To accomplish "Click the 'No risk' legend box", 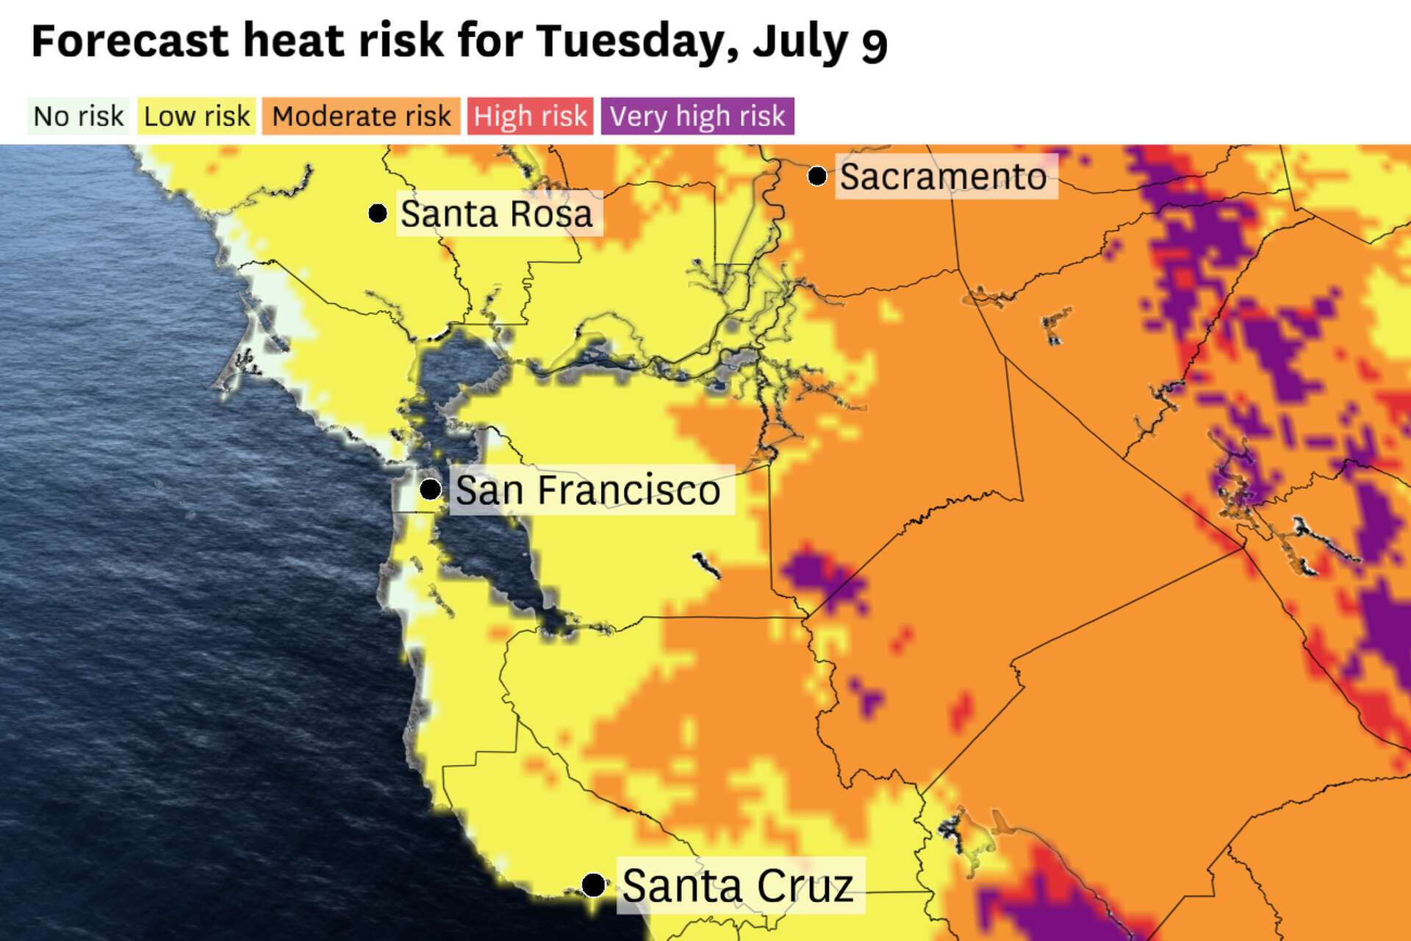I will [79, 116].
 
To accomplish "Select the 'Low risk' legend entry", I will [197, 116].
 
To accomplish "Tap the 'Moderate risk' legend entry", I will [361, 116].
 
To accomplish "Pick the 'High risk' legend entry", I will [530, 116].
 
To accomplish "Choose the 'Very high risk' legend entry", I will [697, 116].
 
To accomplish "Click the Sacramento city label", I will [944, 176].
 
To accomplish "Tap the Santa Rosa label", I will [497, 214].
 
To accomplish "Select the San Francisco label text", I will [588, 490].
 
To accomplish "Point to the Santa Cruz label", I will [738, 885].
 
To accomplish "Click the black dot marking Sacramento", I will [816, 176].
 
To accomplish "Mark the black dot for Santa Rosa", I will [378, 213].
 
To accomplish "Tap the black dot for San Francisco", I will [430, 489].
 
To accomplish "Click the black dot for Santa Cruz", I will [594, 884].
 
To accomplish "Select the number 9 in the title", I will [874, 44].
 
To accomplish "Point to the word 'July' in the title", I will [800, 42].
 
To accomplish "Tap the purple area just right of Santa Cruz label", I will [1044, 901].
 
